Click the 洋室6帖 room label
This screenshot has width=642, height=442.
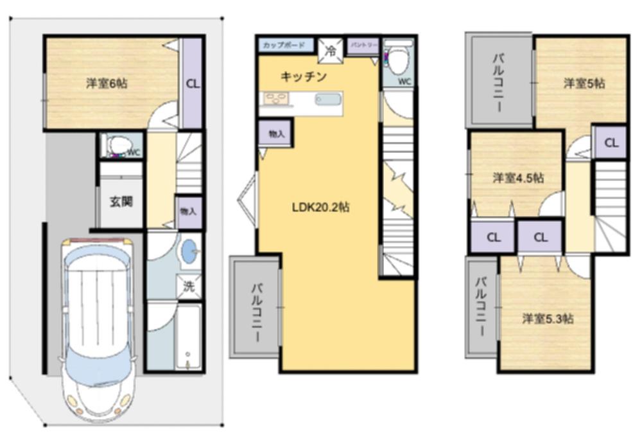107,83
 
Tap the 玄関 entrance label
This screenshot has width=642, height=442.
121,202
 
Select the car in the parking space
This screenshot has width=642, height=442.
98,321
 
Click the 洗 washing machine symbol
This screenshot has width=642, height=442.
189,287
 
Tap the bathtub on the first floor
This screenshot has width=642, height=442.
187,337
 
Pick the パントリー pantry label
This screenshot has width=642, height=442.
363,46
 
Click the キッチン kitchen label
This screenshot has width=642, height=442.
304,77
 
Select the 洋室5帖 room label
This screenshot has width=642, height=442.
584,83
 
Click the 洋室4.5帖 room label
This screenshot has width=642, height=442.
518,178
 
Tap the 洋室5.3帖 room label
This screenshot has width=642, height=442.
548,318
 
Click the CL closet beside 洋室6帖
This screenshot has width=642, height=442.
192,83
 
